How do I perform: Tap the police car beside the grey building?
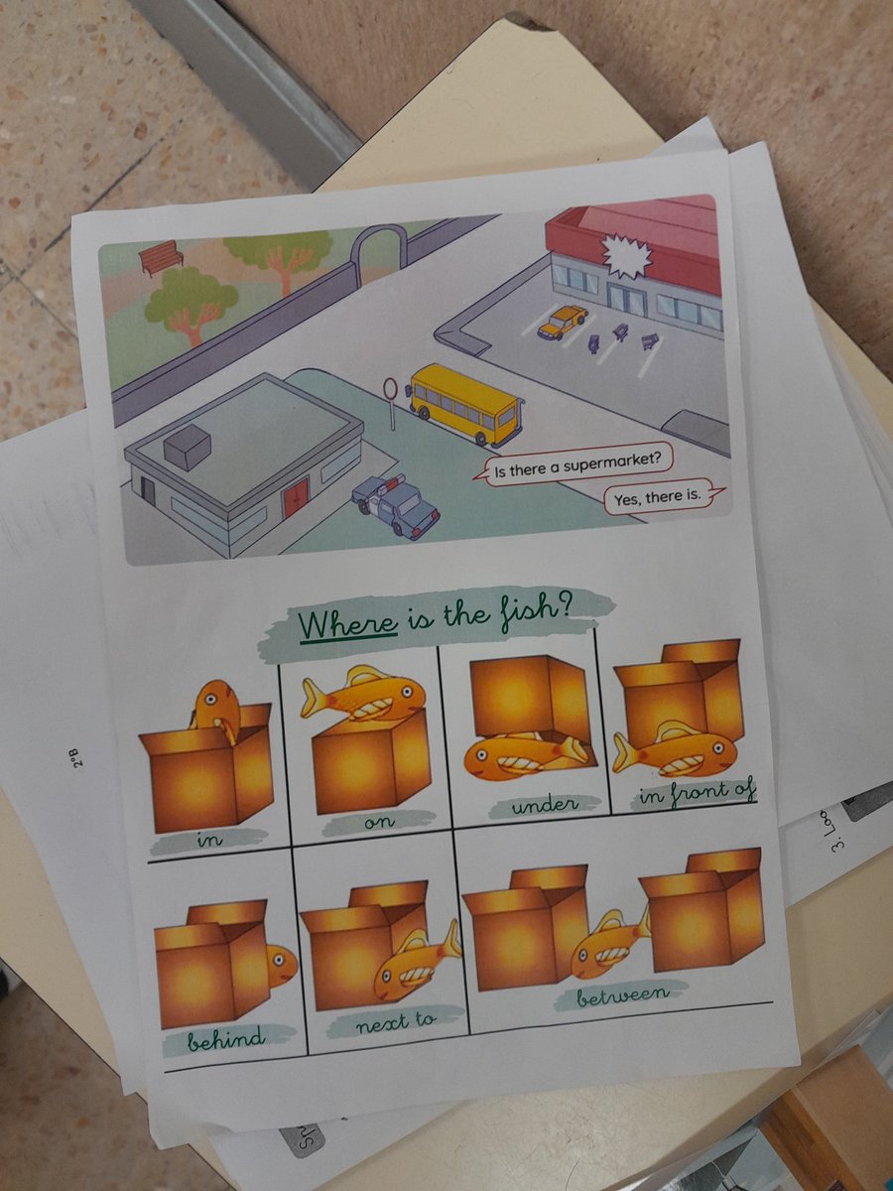tap(396, 505)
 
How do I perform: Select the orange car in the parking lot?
tap(562, 322)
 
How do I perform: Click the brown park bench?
tap(161, 258)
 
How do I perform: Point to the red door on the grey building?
tap(296, 497)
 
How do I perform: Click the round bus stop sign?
tap(390, 388)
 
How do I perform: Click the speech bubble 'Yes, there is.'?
tap(658, 499)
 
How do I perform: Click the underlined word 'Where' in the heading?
tap(348, 627)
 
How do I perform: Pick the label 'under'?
tap(544, 806)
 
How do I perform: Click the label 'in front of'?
tap(698, 792)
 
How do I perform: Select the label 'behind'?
tap(228, 1039)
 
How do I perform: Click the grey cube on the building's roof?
tap(187, 447)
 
